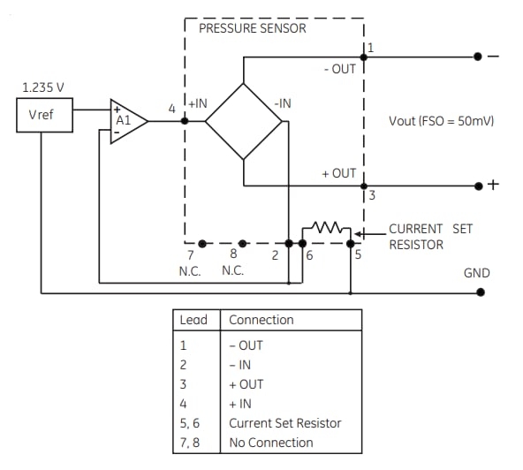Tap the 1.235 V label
tap(43, 88)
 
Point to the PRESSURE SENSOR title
tap(253, 28)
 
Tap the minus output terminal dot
tap(478, 57)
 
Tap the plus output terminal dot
tap(478, 186)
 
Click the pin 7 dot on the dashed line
tap(202, 242)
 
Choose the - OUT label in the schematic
tap(340, 69)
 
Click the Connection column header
tap(261, 320)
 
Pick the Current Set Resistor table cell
tap(284, 423)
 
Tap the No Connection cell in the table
tap(271, 443)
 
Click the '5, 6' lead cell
tap(192, 423)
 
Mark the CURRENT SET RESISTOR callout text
tap(430, 236)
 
